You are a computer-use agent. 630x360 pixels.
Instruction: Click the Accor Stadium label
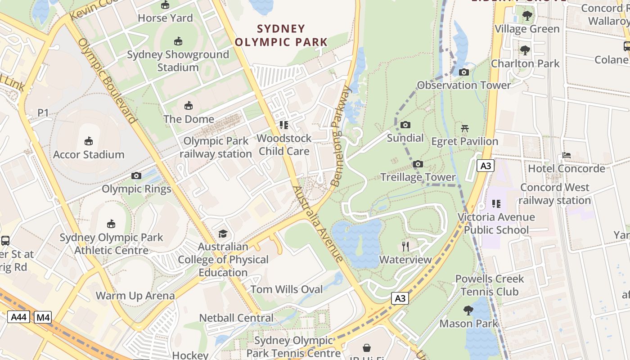click(89, 154)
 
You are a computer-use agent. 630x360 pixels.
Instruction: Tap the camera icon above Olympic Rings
click(136, 176)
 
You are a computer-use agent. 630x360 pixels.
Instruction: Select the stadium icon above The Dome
click(189, 106)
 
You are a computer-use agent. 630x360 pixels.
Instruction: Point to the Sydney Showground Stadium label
click(178, 61)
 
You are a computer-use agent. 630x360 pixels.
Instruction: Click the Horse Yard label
click(165, 18)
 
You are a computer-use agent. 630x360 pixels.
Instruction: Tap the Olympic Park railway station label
click(216, 147)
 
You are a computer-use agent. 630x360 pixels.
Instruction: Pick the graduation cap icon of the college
click(223, 234)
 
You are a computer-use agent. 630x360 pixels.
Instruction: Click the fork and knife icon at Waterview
click(405, 246)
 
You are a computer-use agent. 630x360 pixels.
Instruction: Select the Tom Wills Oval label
click(287, 289)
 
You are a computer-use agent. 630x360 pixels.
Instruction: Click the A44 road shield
click(19, 317)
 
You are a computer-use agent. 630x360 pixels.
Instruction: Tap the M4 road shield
click(43, 317)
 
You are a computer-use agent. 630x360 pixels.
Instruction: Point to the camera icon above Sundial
click(405, 125)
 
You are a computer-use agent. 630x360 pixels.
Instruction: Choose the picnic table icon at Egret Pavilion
click(465, 128)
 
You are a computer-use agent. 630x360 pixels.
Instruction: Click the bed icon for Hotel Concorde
click(567, 155)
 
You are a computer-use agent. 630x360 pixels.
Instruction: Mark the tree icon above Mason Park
click(468, 310)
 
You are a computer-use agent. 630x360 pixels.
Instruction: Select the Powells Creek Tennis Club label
click(490, 285)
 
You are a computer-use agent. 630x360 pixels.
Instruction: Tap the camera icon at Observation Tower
click(464, 72)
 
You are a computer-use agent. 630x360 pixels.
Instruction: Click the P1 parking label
click(43, 112)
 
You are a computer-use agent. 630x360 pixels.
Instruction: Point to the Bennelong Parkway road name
click(340, 137)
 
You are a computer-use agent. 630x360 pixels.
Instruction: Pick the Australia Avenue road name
click(318, 224)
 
